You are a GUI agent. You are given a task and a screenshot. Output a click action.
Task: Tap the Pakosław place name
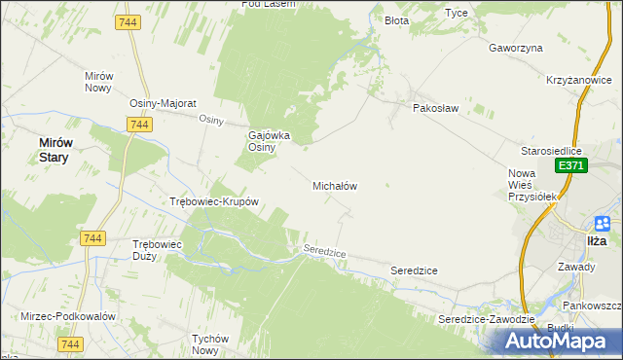tap(435, 109)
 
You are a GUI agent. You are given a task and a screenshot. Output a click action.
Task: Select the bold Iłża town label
tap(599, 239)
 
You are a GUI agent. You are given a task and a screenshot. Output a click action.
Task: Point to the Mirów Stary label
tap(54, 149)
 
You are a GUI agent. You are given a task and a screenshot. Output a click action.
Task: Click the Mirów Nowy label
tap(100, 82)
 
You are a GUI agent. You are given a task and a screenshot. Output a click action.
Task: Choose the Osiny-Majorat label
tap(164, 103)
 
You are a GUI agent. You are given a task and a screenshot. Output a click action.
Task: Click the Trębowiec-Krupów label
tap(213, 202)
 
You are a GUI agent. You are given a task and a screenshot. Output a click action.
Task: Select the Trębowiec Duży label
tap(158, 250)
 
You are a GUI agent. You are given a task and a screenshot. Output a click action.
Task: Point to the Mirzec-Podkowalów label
tap(68, 317)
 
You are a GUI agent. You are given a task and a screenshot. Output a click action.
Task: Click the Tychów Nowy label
tap(217, 344)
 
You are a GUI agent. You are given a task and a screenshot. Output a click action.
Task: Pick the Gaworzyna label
tap(516, 48)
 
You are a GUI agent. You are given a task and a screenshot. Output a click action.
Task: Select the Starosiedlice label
tap(551, 152)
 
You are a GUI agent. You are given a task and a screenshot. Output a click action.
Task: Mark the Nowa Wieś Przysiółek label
tap(531, 185)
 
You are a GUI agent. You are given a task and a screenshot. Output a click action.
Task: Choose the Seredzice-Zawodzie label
tap(487, 319)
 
